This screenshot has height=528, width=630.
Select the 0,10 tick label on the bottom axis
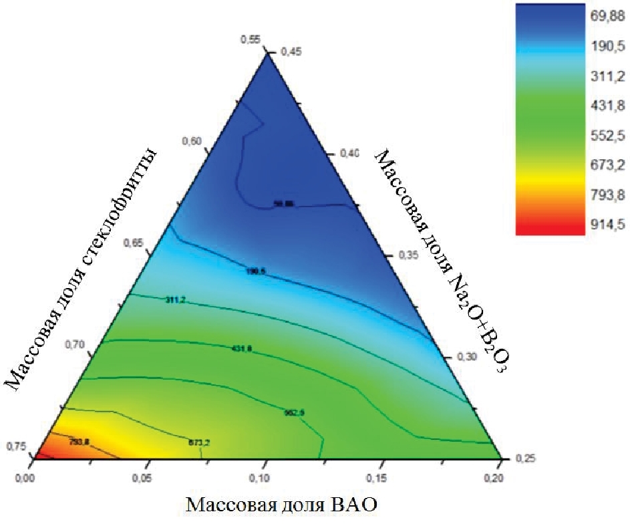(265, 479)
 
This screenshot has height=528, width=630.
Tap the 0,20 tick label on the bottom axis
(499, 479)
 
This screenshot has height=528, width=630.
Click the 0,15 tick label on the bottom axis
(382, 479)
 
